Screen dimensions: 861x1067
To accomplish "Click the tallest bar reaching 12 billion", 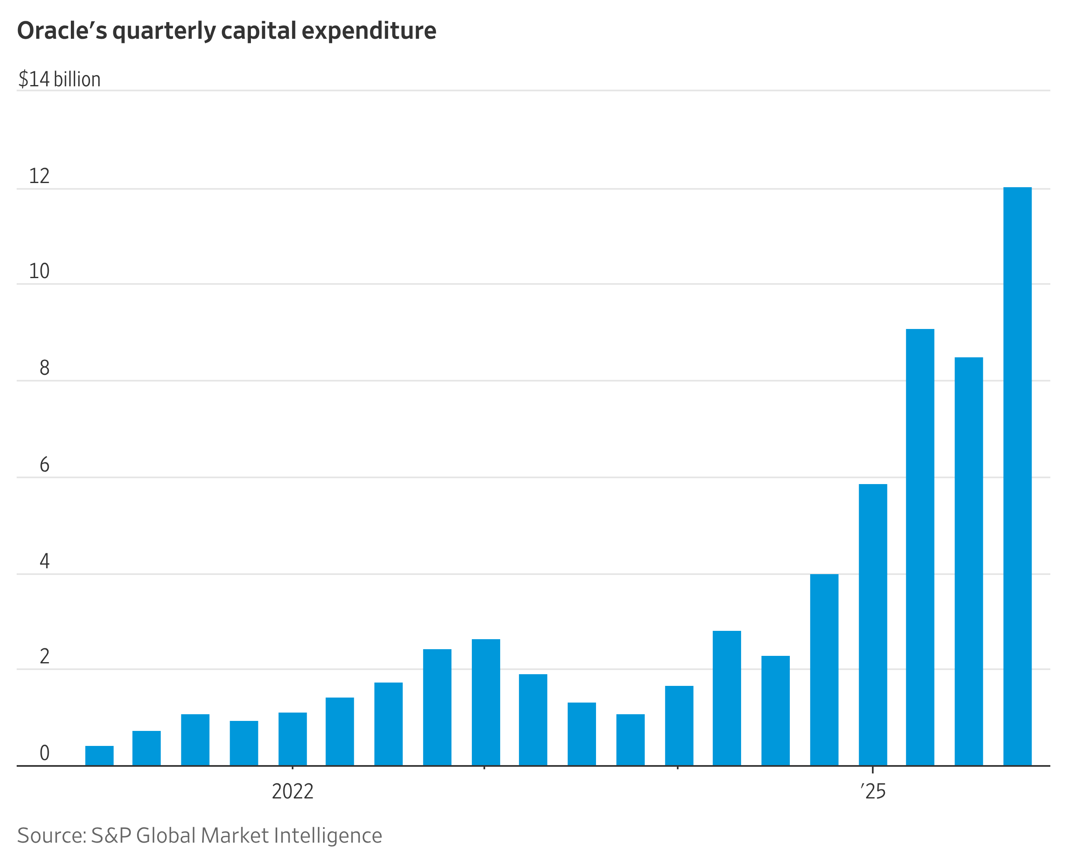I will pos(1017,476).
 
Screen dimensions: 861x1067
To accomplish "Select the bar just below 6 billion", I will pos(873,625).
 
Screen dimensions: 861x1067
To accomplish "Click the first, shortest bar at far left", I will pos(99,756).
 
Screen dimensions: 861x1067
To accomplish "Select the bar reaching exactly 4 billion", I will pos(824,670).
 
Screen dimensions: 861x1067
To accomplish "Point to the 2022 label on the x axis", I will pos(293,791).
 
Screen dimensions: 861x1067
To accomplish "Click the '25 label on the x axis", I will pos(873,791).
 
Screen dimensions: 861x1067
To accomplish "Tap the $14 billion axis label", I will pos(60,79).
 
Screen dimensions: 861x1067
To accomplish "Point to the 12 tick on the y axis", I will pos(39,176).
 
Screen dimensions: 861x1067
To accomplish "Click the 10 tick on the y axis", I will pos(39,271).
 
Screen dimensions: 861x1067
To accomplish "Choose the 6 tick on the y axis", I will pos(44,465).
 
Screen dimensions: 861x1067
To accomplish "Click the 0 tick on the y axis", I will pos(44,753).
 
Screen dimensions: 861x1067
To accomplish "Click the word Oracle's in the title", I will pos(62,31).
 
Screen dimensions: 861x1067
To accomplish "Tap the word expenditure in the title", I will pos(369,31).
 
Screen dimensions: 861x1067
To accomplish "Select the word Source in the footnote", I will pos(52,836).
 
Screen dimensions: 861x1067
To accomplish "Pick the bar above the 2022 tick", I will pos(293,739).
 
